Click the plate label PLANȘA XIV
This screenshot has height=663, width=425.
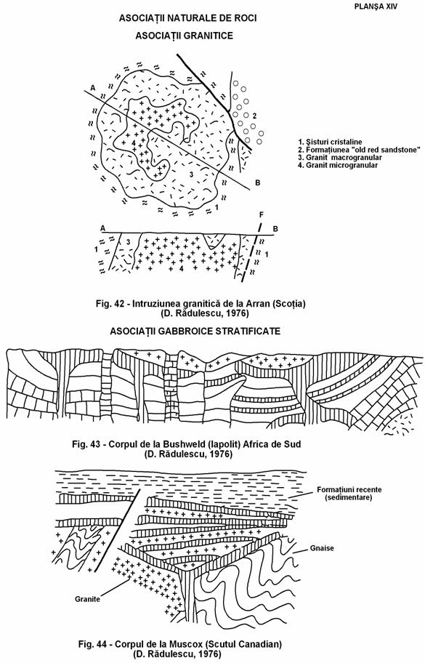(x=376, y=7)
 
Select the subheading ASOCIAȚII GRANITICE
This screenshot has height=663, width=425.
(x=185, y=36)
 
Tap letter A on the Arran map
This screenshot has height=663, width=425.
(x=92, y=87)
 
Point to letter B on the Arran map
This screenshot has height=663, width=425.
(x=257, y=182)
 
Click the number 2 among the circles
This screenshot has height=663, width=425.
(x=254, y=116)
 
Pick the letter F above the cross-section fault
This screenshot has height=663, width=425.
(x=261, y=215)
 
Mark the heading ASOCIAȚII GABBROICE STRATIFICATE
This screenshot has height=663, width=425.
(x=195, y=331)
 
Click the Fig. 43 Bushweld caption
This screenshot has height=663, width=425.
(x=186, y=444)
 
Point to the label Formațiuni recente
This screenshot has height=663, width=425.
(x=349, y=490)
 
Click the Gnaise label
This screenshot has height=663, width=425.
(x=322, y=548)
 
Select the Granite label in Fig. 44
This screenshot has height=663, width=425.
(x=87, y=599)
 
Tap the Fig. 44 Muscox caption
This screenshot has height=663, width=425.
(x=180, y=645)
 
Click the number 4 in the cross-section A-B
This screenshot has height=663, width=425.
(x=181, y=269)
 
